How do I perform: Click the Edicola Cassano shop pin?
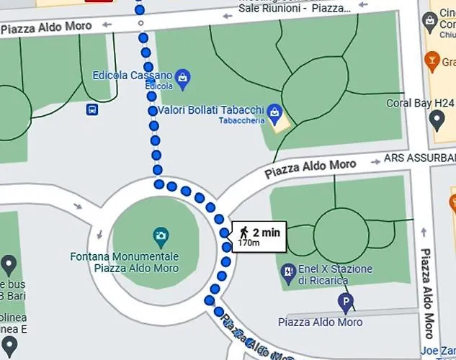183,76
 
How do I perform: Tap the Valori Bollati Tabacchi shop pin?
274,112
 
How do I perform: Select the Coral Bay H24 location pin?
437,119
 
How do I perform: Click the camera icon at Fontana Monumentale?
161,235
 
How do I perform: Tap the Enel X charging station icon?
288,271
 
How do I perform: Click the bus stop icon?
92,109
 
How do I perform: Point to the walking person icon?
244,232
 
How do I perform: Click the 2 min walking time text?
266,232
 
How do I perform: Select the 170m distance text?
249,243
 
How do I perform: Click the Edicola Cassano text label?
133,75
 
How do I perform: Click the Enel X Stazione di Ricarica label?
335,274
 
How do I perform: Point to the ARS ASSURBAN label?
420,157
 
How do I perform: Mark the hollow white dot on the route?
141,22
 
